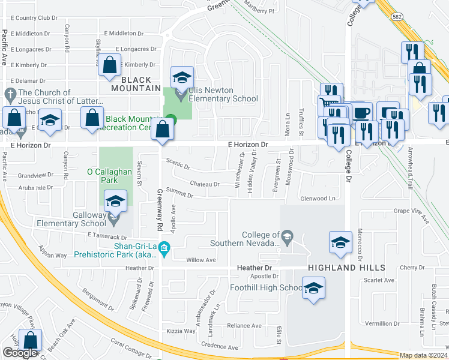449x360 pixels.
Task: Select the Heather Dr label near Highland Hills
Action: (x=259, y=268)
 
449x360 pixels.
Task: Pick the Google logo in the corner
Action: (x=20, y=353)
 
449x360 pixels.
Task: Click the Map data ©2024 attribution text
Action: (x=423, y=355)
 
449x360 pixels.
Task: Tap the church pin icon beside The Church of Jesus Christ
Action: (x=10, y=94)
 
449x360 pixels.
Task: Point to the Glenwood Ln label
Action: (x=317, y=198)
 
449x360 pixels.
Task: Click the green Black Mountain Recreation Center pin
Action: (x=171, y=119)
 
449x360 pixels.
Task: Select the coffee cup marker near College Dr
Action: (x=362, y=113)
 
